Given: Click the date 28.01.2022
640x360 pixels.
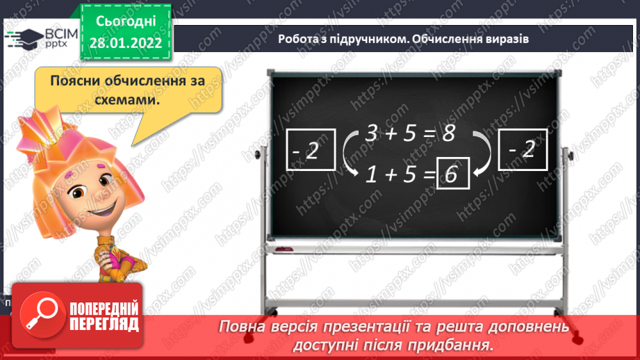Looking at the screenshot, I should [125, 43].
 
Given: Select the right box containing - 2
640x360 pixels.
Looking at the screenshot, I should [523, 151].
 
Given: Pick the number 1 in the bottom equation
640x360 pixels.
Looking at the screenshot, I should [372, 177].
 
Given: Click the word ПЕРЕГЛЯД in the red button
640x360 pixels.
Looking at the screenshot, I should [103, 324].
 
